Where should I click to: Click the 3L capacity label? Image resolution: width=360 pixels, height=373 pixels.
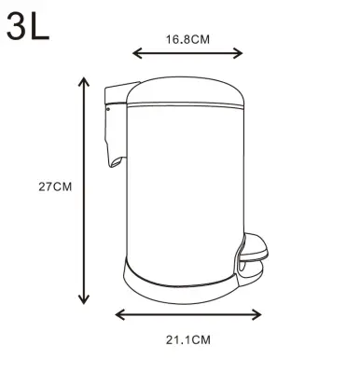28,26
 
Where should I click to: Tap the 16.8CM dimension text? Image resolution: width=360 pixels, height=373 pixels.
187,39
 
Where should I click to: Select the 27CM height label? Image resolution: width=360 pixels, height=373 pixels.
55,186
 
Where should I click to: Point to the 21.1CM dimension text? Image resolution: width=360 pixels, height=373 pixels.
187,339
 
